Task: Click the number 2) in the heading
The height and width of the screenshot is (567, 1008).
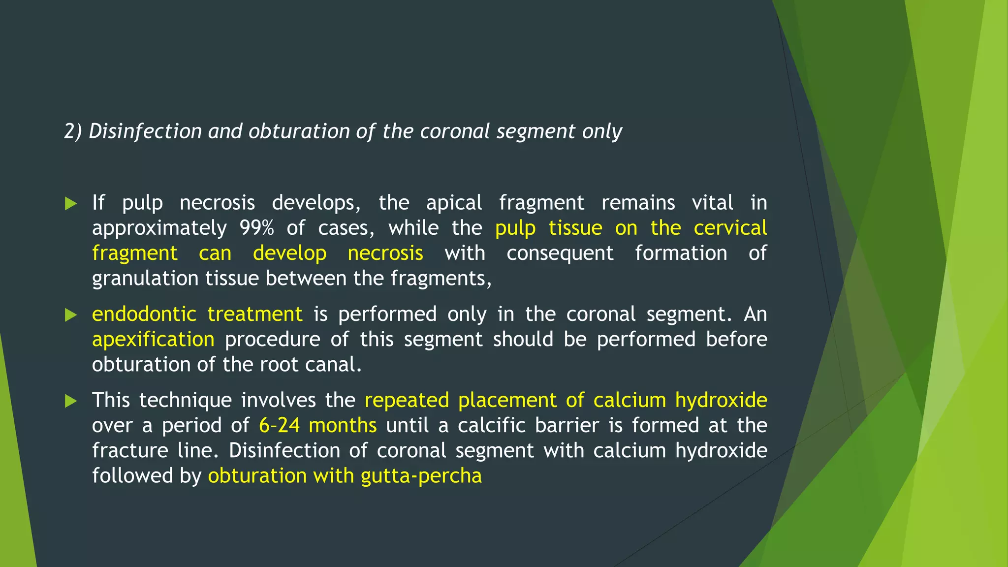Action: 73,132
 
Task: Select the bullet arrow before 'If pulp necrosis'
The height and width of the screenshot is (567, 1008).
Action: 71,203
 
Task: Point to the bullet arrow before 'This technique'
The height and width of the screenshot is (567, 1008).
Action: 71,401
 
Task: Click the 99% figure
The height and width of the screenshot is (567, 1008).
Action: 256,228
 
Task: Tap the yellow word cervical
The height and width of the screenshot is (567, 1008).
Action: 730,228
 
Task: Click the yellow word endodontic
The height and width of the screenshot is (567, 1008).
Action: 144,315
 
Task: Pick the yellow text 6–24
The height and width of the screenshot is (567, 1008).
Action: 279,426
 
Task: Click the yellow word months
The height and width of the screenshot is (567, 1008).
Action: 343,426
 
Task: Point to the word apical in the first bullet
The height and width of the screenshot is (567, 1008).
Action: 454,203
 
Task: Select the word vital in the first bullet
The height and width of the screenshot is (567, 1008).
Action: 712,203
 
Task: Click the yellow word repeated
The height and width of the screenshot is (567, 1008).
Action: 407,400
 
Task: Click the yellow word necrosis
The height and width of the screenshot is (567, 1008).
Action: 385,253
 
